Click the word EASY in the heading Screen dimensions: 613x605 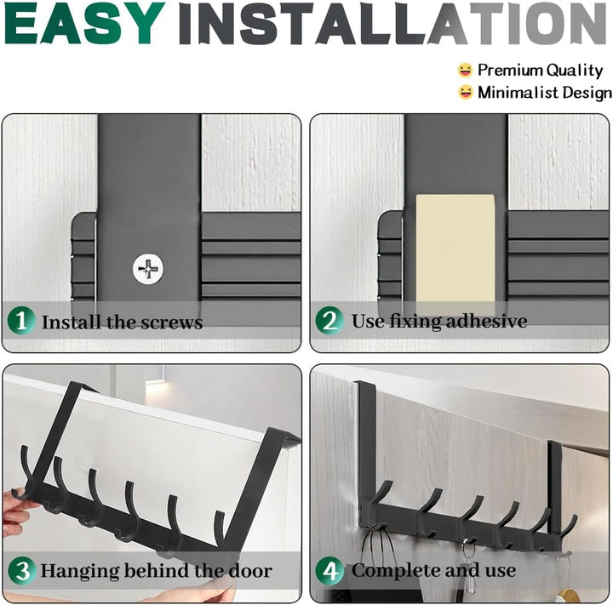(x=84, y=24)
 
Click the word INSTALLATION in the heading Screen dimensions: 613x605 (x=392, y=24)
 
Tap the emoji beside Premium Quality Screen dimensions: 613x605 (x=465, y=71)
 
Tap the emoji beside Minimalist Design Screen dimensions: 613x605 (x=465, y=93)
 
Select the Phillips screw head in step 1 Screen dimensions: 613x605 (x=148, y=269)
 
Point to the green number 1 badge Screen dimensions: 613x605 (x=21, y=321)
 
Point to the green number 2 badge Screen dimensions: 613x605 (x=329, y=321)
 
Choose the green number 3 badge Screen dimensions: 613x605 (x=22, y=571)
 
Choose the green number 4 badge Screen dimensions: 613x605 (x=330, y=571)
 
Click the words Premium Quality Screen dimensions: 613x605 (x=541, y=71)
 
